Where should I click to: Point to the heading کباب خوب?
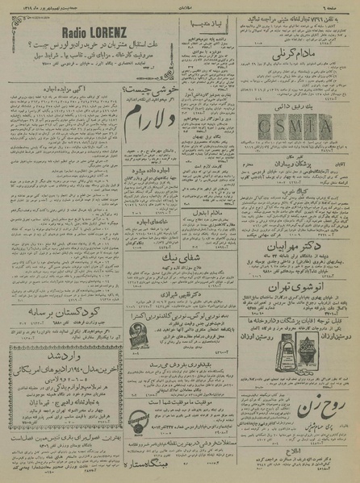296,191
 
